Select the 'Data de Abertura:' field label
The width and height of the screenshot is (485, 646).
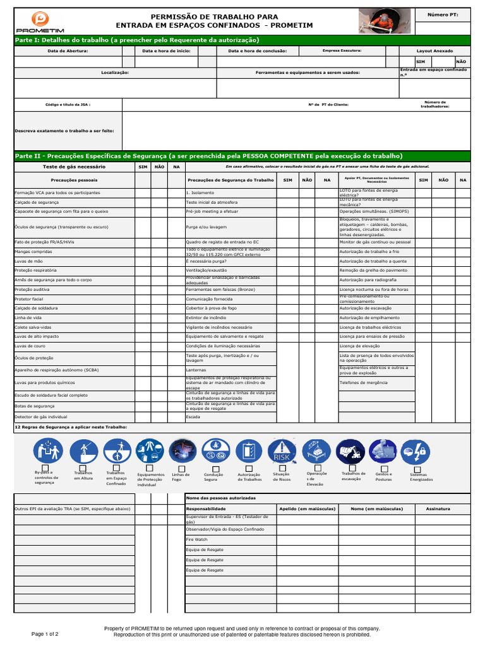68,50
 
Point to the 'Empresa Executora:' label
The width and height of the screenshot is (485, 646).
342,50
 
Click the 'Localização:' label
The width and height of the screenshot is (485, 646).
115,73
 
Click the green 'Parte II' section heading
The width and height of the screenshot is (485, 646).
208,156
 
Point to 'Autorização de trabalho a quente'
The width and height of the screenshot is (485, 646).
373,261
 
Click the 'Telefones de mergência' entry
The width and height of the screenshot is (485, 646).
363,382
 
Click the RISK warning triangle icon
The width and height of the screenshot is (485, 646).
281,451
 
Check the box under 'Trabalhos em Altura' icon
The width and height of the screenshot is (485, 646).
83,467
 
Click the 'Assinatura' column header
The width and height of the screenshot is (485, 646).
438,508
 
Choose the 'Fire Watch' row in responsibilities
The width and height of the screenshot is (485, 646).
196,540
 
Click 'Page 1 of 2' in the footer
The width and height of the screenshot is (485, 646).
45,633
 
